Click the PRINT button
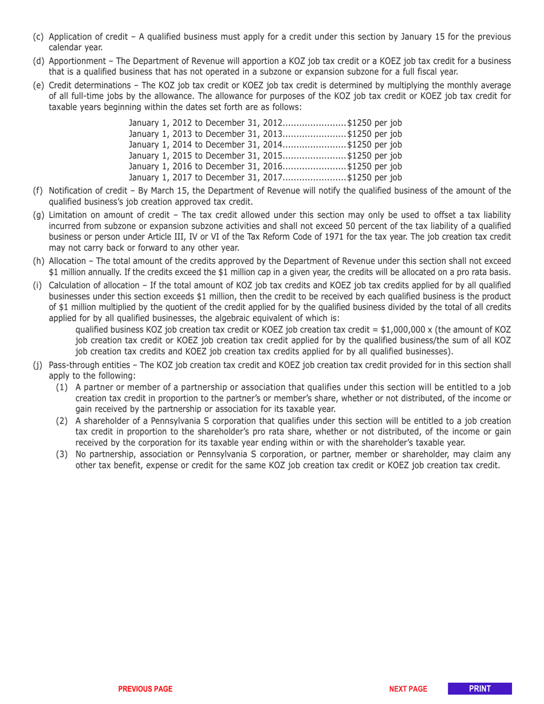pyautogui.click(x=480, y=689)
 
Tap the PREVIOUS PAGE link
pyautogui.click(x=145, y=689)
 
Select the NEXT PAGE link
pyautogui.click(x=408, y=689)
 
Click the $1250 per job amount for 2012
pyautogui.click(x=375, y=122)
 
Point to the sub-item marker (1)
pyautogui.click(x=62, y=388)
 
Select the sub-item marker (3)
pyautogui.click(x=62, y=454)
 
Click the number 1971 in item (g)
pyautogui.click(x=328, y=236)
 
